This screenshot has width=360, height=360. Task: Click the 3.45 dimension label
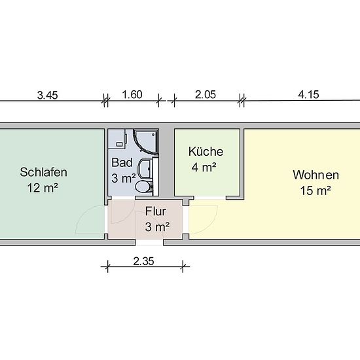click(x=47, y=96)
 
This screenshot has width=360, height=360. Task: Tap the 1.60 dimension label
click(x=132, y=95)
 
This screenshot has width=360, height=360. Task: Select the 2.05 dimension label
click(x=206, y=95)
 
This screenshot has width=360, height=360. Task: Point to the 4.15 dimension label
click(x=308, y=95)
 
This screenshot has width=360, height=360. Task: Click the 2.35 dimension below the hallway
click(x=143, y=261)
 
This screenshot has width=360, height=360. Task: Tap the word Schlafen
click(x=44, y=172)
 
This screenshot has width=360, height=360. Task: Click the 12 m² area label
click(x=43, y=188)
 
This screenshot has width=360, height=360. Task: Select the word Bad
click(x=122, y=162)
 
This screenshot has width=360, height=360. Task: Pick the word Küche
click(x=206, y=152)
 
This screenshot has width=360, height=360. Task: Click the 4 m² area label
click(x=204, y=168)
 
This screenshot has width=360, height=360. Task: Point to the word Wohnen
click(x=316, y=175)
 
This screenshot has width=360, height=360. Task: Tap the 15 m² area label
click(x=315, y=190)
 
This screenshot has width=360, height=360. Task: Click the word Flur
click(x=156, y=211)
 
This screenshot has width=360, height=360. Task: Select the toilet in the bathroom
click(x=144, y=187)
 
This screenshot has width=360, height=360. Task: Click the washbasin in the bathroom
click(x=145, y=169)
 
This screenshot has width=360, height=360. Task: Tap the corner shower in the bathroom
click(x=146, y=141)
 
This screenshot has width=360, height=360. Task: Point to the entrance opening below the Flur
click(x=149, y=242)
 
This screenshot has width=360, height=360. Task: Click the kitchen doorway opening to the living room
click(x=210, y=198)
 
